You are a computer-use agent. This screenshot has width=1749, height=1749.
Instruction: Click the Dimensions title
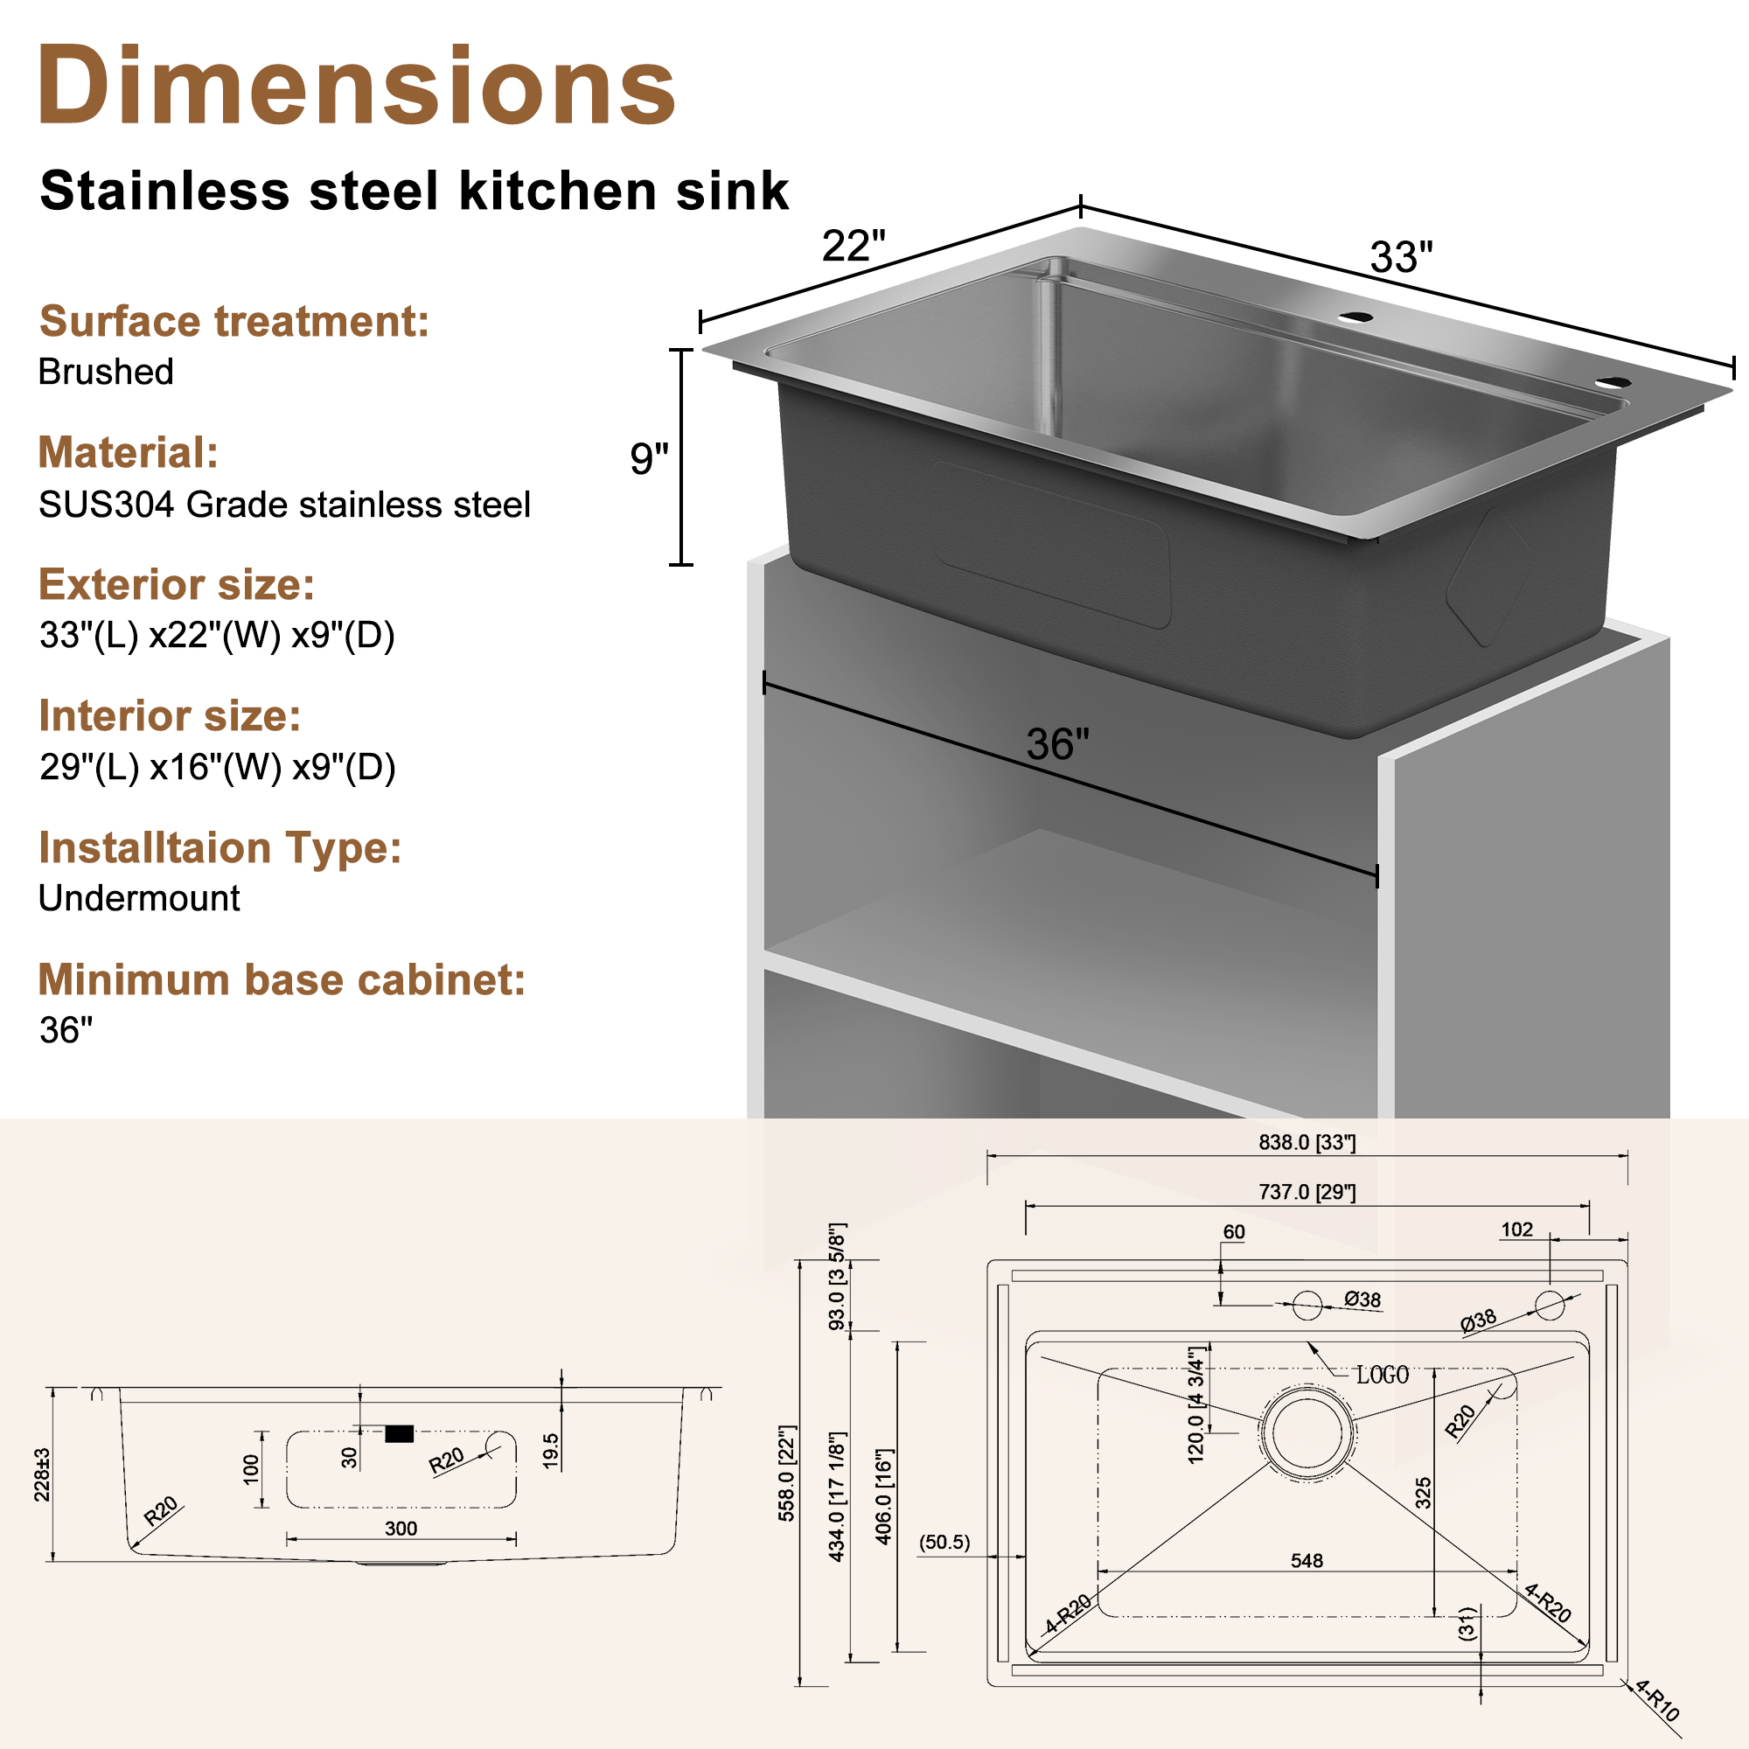pos(356,87)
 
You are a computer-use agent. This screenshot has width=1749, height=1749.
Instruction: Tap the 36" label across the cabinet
pos(1057,744)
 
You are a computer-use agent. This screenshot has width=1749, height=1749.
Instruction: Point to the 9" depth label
pos(649,459)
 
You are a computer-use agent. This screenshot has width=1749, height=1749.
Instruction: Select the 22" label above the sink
pos(853,247)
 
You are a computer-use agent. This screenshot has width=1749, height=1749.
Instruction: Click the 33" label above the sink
pos(1401,257)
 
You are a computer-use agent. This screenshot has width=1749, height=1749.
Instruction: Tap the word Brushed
pos(106,372)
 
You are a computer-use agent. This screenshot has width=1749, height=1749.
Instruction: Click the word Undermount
pos(138,898)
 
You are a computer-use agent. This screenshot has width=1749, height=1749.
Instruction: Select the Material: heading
pos(128,453)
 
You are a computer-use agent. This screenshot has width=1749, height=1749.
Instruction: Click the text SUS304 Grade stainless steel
pos(284,505)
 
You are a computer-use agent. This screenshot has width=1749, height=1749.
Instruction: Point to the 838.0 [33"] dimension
pos(1307,1142)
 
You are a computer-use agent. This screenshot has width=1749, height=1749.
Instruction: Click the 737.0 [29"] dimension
pos(1307,1192)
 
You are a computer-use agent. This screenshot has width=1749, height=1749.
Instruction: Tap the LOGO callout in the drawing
pos(1382,1376)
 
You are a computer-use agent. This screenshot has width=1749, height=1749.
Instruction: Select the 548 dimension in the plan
pos(1307,1561)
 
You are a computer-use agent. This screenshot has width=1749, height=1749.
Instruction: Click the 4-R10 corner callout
pos(1657,1700)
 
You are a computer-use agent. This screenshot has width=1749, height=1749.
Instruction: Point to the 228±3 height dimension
pos(42,1474)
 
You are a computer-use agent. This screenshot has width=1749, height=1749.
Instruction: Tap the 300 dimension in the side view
pos(401,1529)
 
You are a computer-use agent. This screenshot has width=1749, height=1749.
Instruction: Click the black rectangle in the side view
pos(400,1434)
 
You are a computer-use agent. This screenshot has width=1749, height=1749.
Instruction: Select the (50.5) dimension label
pos(944,1542)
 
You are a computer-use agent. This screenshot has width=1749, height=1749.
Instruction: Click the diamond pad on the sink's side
pos(1488,576)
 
